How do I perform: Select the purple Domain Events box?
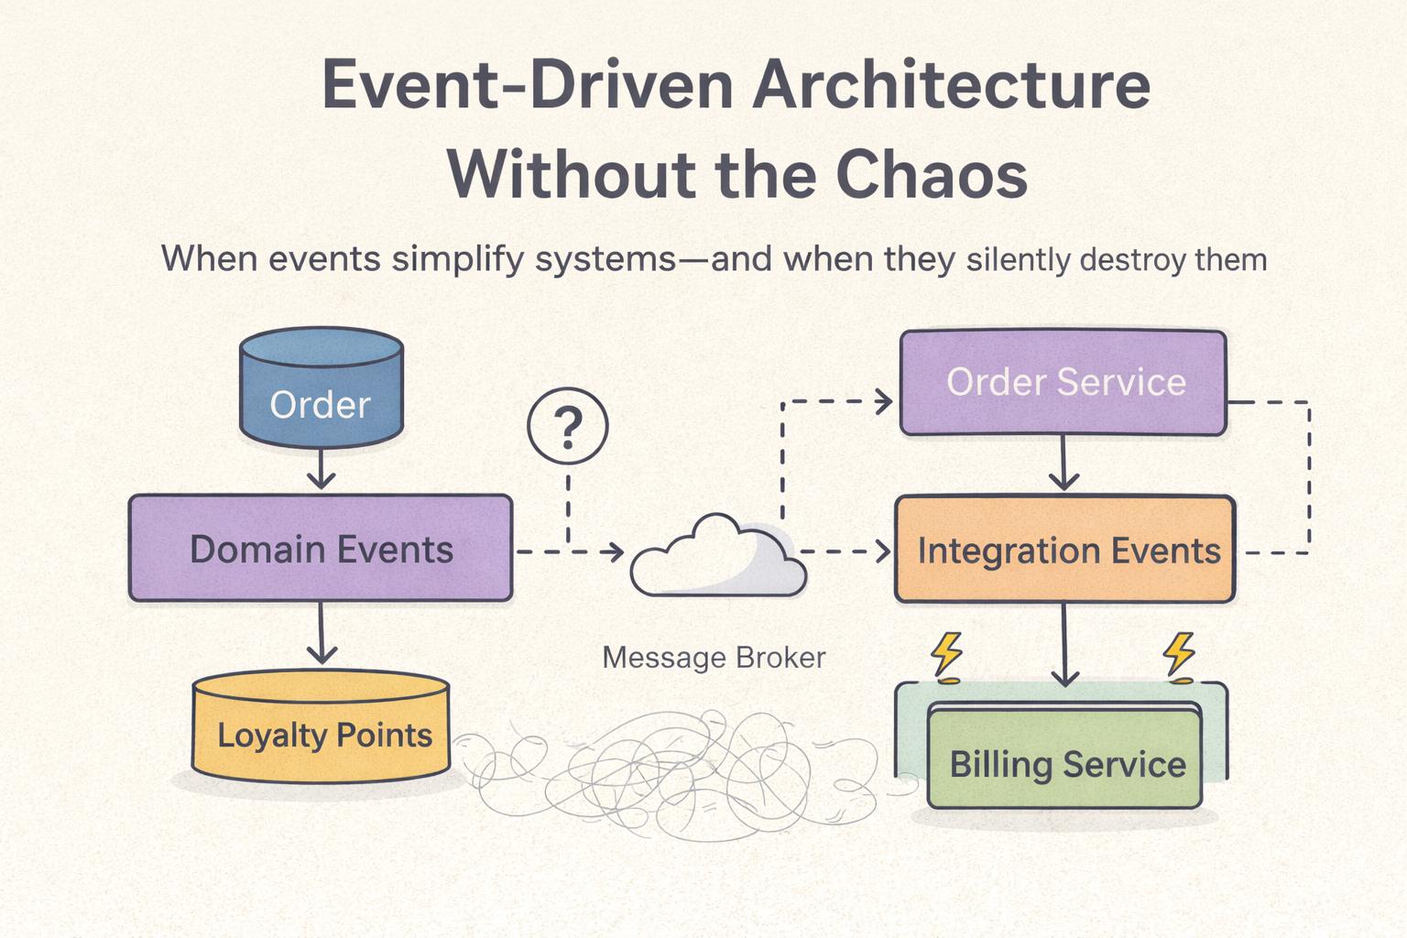tap(321, 549)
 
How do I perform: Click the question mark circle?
tap(568, 427)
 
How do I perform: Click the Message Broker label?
tap(714, 658)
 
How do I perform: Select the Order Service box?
tap(1063, 382)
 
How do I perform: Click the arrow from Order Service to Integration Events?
tap(1063, 464)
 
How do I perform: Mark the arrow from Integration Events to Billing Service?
tap(1063, 646)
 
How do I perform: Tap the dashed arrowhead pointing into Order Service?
tap(883, 401)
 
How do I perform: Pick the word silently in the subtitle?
tap(1018, 260)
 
